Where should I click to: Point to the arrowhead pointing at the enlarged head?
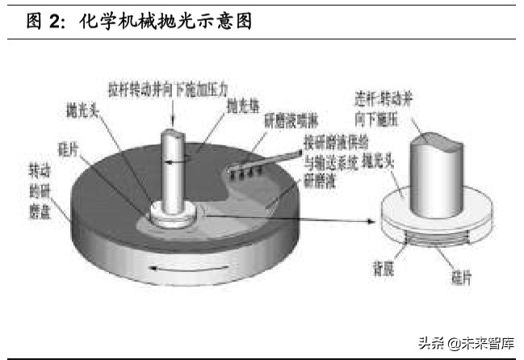[x=376, y=220]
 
